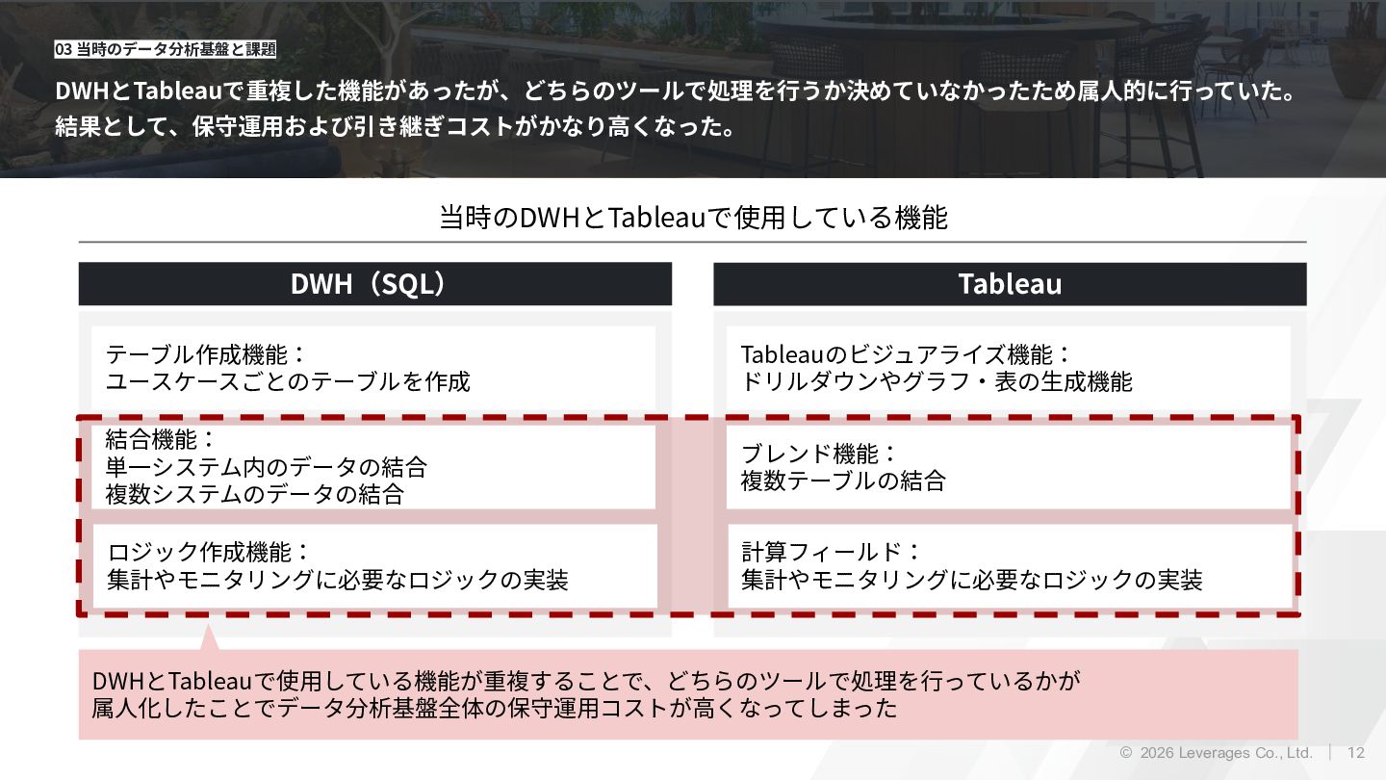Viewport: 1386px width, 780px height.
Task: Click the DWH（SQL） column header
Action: [x=374, y=284]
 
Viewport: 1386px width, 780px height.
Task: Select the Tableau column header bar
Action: [x=1010, y=284]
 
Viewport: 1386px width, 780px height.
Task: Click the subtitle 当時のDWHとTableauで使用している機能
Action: [x=693, y=218]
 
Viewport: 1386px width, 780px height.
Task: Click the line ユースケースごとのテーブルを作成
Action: [x=288, y=381]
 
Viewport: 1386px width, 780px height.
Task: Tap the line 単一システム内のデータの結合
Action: [x=266, y=468]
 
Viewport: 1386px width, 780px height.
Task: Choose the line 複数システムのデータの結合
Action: [x=254, y=495]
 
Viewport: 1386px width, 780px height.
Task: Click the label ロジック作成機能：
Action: [x=209, y=552]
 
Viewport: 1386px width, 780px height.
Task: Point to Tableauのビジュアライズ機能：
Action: [x=906, y=354]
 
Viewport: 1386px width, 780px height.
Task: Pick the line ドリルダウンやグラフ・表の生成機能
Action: [x=937, y=381]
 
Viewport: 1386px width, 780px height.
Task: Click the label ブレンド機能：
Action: [x=819, y=454]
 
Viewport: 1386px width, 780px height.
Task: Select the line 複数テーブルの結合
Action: [x=843, y=481]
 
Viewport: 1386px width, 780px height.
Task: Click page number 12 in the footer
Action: [x=1356, y=752]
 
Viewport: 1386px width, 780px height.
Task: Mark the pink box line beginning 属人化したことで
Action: [x=494, y=709]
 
